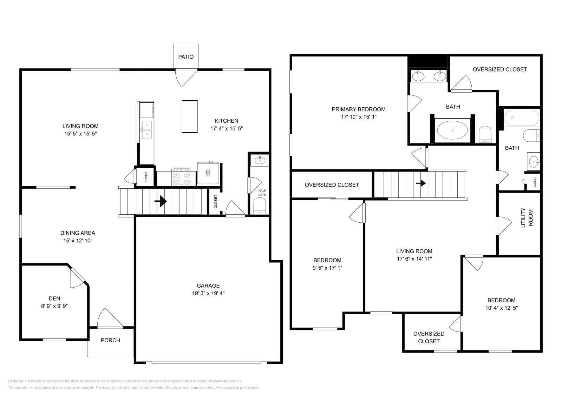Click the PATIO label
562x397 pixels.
(185, 57)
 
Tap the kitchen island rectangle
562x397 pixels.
(190, 116)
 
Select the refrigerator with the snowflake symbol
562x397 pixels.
(208, 173)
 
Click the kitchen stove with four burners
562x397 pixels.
(181, 177)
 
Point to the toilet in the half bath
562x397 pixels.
(260, 206)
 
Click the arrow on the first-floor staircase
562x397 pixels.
(161, 201)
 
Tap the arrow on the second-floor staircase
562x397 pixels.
(421, 183)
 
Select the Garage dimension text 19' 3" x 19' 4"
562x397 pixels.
(208, 293)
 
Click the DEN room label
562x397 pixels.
(54, 298)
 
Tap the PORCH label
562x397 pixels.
(110, 340)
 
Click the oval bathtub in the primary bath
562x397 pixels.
(452, 130)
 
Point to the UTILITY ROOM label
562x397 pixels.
(527, 218)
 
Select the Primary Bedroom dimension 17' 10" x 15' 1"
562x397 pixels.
(359, 117)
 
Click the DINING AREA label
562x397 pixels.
(78, 233)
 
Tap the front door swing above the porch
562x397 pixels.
(109, 319)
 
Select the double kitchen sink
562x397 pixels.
(146, 129)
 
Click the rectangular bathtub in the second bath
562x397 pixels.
(521, 118)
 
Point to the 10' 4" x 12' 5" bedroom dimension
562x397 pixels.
(501, 308)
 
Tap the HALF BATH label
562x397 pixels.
(262, 193)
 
